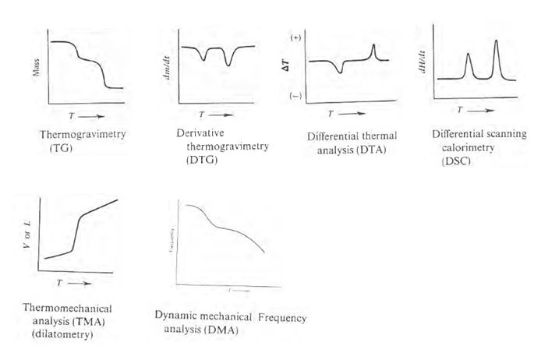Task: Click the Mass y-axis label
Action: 37,72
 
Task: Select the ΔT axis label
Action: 285,67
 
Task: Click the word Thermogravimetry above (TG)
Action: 82,134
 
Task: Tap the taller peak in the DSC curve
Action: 497,43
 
